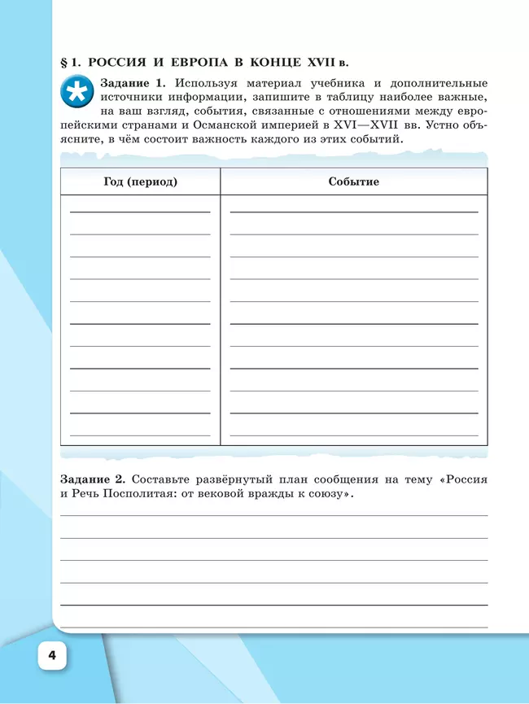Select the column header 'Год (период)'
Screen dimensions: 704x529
pyautogui.click(x=140, y=181)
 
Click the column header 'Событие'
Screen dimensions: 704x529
pyautogui.click(x=353, y=181)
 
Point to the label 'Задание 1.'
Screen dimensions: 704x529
pyautogui.click(x=133, y=83)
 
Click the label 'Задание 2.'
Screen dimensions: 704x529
pyautogui.click(x=94, y=479)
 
